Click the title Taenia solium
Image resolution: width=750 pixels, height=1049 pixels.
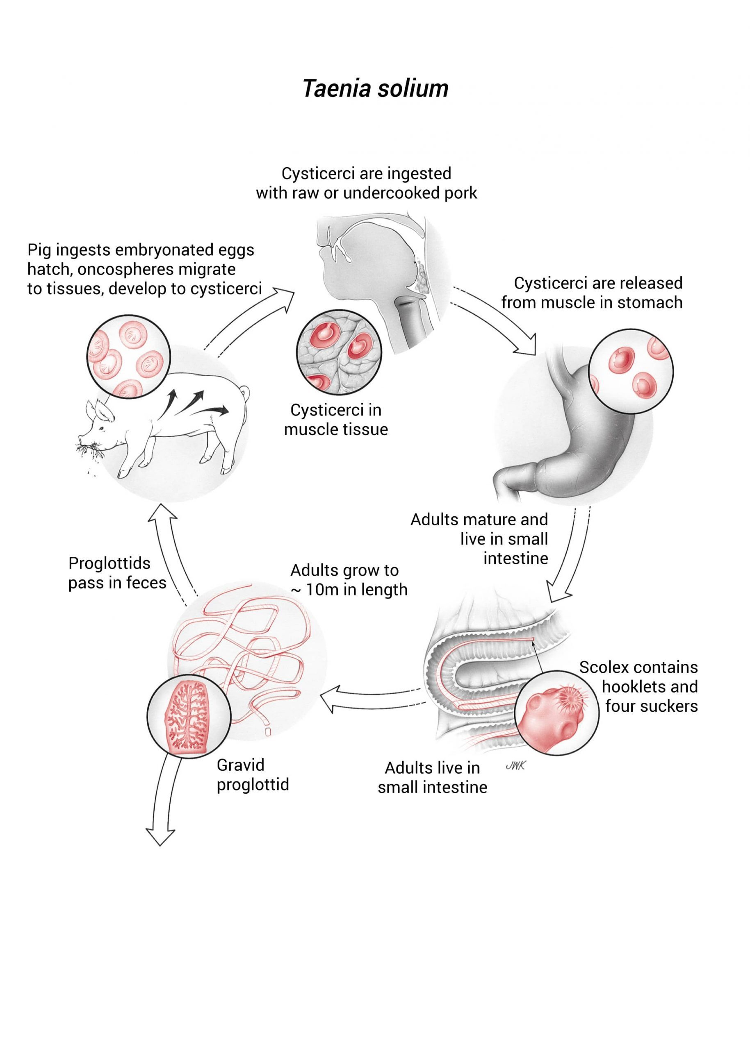[x=375, y=88]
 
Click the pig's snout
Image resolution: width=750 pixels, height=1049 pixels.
[x=82, y=436]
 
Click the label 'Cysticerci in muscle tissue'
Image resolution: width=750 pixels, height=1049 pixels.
[x=336, y=420]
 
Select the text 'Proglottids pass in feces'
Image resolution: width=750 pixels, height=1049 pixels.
[x=117, y=573]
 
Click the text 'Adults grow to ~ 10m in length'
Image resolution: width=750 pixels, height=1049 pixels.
[x=349, y=580]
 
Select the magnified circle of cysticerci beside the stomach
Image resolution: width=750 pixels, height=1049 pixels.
[x=631, y=370]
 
